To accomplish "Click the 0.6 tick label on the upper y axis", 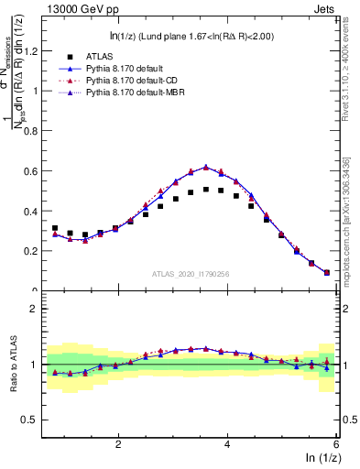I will [34, 171].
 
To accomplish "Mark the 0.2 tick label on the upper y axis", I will [34, 251].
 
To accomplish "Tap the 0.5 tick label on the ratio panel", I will [34, 420].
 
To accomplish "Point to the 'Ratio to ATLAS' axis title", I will [12, 364].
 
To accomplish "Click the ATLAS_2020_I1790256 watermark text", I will [190, 273].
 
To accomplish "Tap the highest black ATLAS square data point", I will [206, 190].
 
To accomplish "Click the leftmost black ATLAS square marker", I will [55, 228].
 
